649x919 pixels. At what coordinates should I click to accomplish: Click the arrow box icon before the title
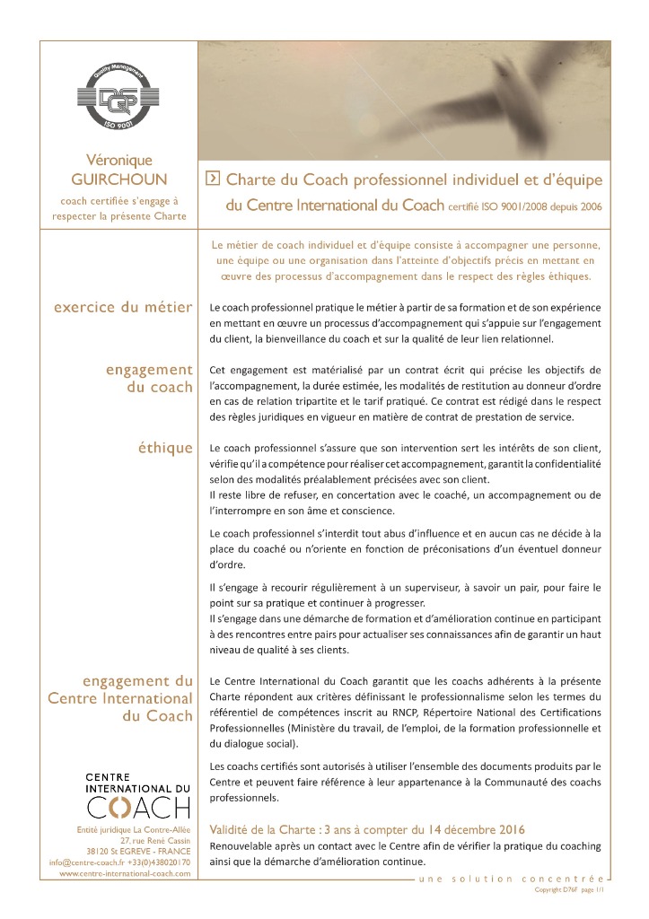click(x=212, y=178)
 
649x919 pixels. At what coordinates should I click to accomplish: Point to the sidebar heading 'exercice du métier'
click(x=123, y=308)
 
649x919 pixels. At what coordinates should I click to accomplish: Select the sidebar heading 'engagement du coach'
click(x=149, y=378)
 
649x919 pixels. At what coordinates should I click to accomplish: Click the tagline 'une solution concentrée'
click(x=513, y=879)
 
